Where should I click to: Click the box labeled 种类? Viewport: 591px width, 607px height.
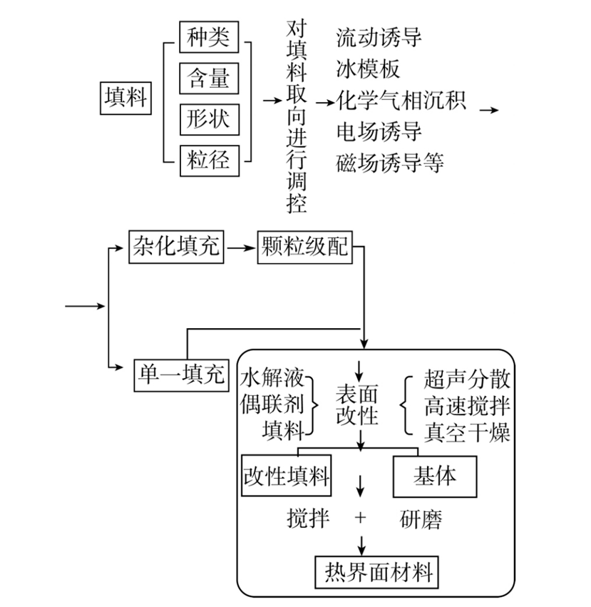point(209,37)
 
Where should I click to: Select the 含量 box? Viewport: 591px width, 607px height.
point(209,78)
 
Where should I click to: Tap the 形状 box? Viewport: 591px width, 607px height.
point(210,119)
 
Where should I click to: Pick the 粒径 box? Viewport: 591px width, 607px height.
point(210,160)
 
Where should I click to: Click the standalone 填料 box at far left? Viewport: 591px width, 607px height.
point(125,98)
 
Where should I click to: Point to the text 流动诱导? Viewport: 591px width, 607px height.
point(379,38)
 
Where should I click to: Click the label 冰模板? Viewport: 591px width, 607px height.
point(368,69)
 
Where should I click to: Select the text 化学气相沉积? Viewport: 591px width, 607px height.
point(401,101)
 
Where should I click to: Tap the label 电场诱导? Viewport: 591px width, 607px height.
point(379,132)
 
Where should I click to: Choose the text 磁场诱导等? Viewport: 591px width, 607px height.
point(390,163)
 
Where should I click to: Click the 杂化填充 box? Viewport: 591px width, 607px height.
point(176,247)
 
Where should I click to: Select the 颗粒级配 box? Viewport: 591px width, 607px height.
point(305,247)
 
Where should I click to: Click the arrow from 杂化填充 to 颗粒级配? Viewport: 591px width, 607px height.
point(241,248)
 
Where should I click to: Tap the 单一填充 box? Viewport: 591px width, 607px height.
point(182,375)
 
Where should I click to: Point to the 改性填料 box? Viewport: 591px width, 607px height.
point(287,475)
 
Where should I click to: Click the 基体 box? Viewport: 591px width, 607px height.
point(435,476)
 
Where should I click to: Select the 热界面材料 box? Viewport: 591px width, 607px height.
point(376,572)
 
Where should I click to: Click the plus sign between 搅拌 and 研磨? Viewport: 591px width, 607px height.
point(360,518)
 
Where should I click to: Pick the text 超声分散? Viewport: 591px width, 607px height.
point(467,379)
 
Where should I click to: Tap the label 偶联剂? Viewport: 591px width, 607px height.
point(272,404)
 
